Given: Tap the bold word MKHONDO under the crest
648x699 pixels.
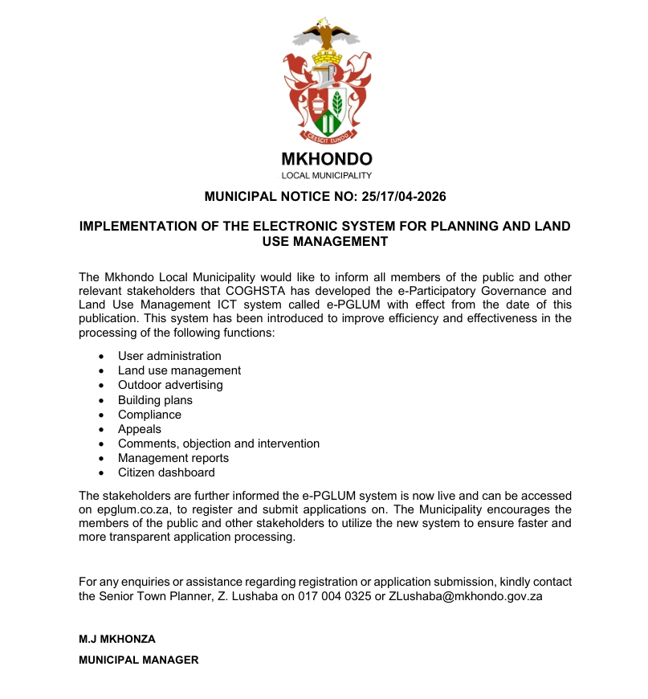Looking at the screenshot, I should coord(326,159).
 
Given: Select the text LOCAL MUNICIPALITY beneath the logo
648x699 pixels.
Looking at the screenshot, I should coord(326,175).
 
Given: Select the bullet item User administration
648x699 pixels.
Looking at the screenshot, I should coord(169,356).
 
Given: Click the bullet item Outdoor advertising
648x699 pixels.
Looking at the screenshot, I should coord(170,385).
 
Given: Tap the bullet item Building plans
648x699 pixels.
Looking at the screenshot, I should coord(155,400).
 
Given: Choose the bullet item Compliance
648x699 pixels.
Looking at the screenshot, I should coord(149,415).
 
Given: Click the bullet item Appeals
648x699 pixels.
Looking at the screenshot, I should coord(139,429).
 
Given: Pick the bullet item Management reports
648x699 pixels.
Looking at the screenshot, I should coord(173,458).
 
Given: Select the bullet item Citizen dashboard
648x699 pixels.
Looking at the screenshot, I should coord(166,472).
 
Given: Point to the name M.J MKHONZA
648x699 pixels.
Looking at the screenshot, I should coord(117,640).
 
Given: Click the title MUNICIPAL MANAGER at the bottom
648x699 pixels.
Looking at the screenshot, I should coord(138,660).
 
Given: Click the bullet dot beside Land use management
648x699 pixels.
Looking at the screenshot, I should coord(100,371).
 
